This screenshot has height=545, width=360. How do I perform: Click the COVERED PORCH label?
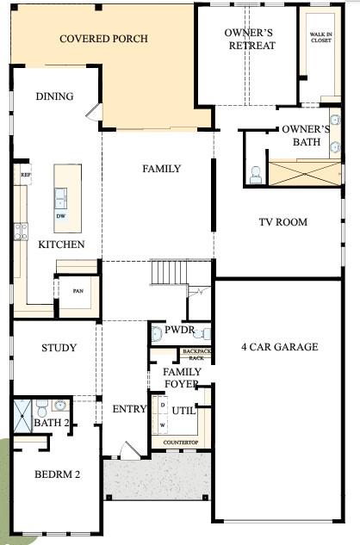[x=103, y=39]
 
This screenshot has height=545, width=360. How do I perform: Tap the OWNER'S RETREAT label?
[x=250, y=39]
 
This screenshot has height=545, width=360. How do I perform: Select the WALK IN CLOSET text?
[x=320, y=36]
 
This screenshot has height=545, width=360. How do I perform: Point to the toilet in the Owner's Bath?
[x=256, y=175]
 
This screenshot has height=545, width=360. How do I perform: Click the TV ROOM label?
[x=283, y=222]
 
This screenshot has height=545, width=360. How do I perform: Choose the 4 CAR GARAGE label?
[x=280, y=347]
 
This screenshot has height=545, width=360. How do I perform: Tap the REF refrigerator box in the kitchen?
[x=25, y=173]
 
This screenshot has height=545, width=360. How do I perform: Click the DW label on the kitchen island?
[x=61, y=217]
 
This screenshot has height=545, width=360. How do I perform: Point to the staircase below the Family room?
[x=169, y=274]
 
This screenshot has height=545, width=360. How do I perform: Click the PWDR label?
[x=179, y=330]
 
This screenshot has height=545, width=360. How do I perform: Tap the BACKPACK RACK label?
[x=196, y=354]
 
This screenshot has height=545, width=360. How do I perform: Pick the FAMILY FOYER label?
[x=182, y=377]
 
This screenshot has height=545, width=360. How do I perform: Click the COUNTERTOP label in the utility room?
[x=181, y=442]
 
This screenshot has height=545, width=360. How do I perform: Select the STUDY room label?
[x=59, y=349]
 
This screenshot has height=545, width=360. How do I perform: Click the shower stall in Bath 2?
[x=23, y=417]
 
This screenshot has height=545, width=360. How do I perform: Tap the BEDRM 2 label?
[x=57, y=474]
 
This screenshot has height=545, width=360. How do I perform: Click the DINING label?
[x=54, y=96]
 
